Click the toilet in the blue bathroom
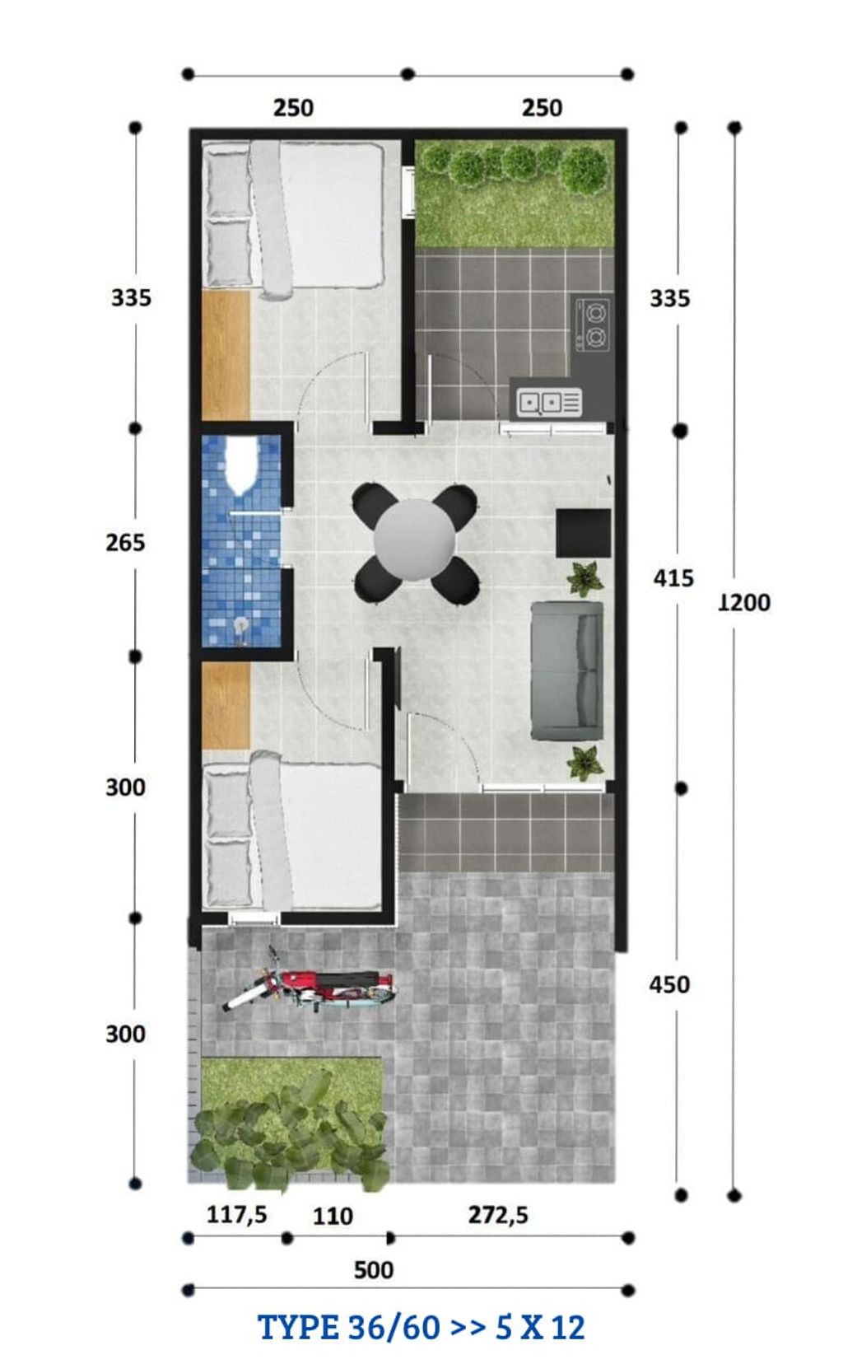click(241, 463)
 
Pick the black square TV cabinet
click(584, 533)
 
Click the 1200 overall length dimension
click(744, 603)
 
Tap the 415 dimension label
click(673, 578)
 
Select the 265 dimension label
click(125, 543)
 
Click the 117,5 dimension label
click(236, 1214)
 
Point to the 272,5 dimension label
click(498, 1215)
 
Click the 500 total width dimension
click(374, 1269)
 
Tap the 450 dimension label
click(669, 984)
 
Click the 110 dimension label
click(333, 1217)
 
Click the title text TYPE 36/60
click(346, 1328)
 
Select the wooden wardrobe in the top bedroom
click(226, 356)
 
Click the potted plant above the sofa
click(585, 577)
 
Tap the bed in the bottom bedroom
click(293, 834)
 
